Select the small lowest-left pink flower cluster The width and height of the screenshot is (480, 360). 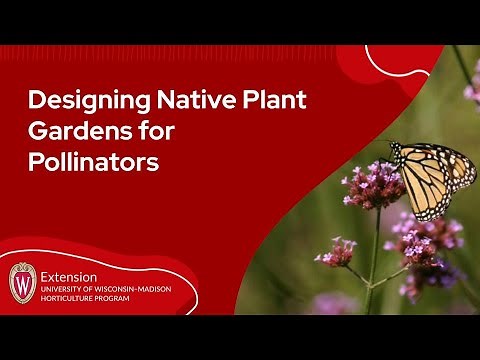pyautogui.click(x=336, y=252)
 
